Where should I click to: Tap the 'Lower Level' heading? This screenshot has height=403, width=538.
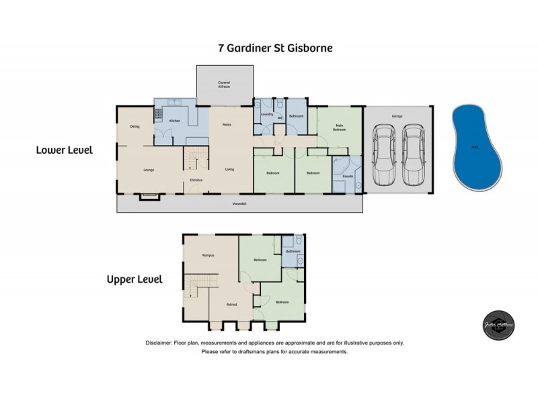pyautogui.click(x=64, y=150)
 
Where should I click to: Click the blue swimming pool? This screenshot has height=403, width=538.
pyautogui.click(x=477, y=147)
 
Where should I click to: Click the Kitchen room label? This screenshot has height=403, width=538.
pyautogui.click(x=175, y=121)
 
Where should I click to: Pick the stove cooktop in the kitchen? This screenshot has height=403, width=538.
pyautogui.click(x=159, y=114)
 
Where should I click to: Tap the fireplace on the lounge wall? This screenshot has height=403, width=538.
pyautogui.click(x=148, y=196)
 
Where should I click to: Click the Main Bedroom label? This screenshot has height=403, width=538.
pyautogui.click(x=339, y=128)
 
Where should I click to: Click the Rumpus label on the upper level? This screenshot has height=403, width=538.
pyautogui.click(x=208, y=255)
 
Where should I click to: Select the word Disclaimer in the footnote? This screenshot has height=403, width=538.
pyautogui.click(x=159, y=343)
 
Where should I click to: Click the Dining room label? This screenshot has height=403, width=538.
pyautogui.click(x=134, y=126)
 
